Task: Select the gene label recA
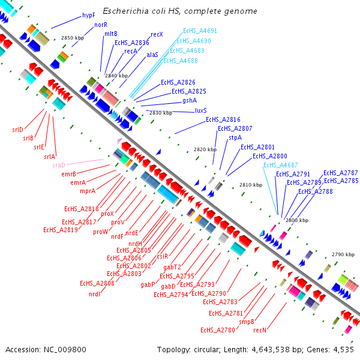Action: tap(131, 52)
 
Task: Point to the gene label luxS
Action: tap(201, 110)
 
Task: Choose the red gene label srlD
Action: tap(17, 130)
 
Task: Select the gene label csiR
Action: tap(162, 256)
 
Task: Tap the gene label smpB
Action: tap(247, 322)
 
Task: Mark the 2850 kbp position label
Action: tap(73, 38)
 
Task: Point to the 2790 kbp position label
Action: tap(344, 254)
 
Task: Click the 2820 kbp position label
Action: tap(206, 149)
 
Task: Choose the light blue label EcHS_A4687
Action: tap(279, 165)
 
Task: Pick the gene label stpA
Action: tap(235, 137)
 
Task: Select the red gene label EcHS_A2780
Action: tap(218, 329)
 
